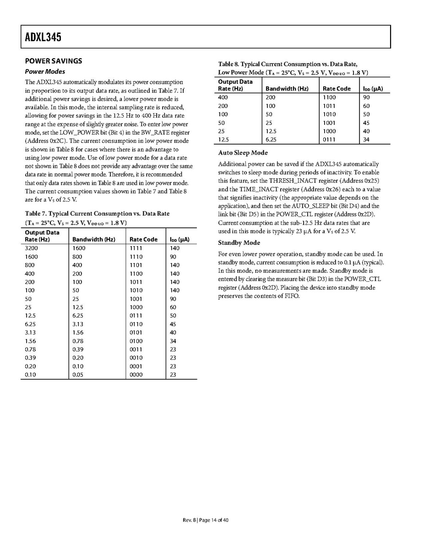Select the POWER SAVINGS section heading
tap(54, 61)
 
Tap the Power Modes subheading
tap(45, 71)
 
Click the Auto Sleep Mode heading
tap(243, 153)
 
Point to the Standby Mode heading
tap(239, 243)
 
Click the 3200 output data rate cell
tap(32, 248)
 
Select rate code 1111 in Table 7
tap(136, 248)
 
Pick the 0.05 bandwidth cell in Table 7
tap(78, 375)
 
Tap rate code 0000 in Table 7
tap(136, 375)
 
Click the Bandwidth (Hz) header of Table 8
tap(287, 88)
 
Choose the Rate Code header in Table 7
tap(143, 239)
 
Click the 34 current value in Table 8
tap(366, 140)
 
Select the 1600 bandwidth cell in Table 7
tap(79, 248)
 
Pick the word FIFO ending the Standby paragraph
tap(291, 296)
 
